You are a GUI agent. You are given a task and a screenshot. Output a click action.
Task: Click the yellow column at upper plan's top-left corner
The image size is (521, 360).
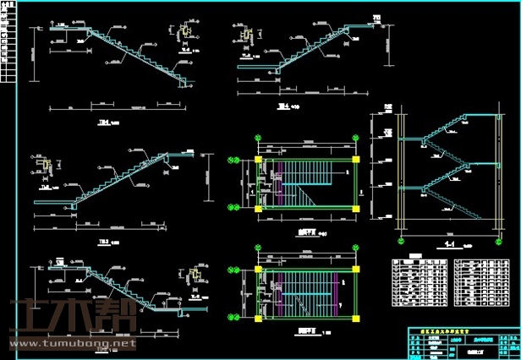point(258,158)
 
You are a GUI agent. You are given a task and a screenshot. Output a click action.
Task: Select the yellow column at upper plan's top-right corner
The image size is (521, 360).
point(355,158)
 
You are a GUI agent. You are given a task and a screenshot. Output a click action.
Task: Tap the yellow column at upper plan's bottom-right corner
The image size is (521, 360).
point(355,207)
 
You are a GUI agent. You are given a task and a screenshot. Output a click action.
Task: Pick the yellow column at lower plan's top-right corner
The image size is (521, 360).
point(355,271)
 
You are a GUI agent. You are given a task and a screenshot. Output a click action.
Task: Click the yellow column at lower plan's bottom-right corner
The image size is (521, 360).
point(355,319)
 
